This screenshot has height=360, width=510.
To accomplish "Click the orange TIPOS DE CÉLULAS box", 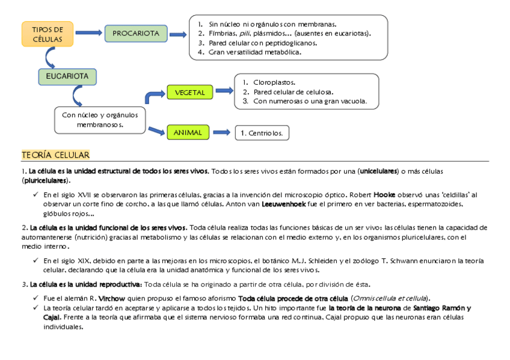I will (x=48, y=34).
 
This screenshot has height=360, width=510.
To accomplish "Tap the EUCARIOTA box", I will (x=67, y=77).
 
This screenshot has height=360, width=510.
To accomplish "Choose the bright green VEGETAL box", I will (x=190, y=93).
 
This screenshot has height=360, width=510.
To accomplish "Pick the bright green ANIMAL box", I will (x=188, y=132).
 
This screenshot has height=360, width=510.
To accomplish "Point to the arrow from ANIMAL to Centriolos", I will (x=221, y=132).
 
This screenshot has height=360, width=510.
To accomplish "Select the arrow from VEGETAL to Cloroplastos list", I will (x=224, y=91).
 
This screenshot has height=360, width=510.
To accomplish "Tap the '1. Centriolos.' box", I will (x=262, y=133).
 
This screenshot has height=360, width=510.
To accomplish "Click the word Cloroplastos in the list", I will (x=274, y=82).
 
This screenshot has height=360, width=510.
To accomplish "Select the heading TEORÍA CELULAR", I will (x=55, y=156).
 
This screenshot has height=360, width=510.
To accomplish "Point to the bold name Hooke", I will (x=385, y=195).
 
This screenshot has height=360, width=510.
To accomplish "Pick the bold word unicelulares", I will (x=378, y=171).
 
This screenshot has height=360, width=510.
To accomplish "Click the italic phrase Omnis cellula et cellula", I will (x=390, y=299).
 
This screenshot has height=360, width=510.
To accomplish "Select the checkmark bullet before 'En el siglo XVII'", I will (x=35, y=195).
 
